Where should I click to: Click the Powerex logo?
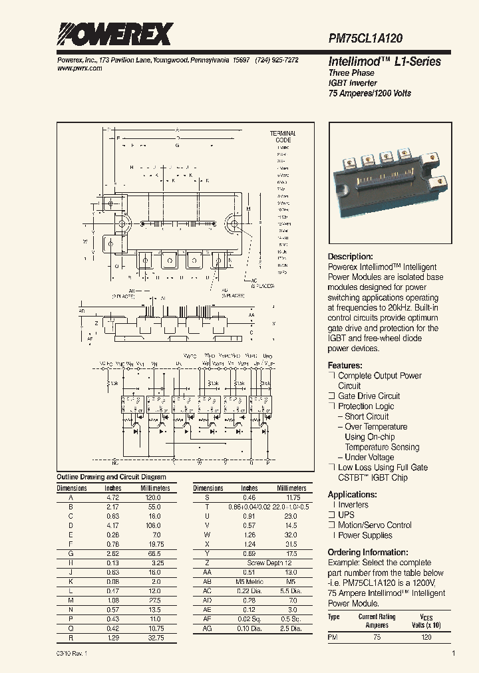coord(114,34)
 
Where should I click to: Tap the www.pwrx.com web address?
coord(76,68)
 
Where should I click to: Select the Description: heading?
coord(351,257)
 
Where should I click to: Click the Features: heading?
coord(345,366)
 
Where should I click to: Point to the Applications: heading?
coord(353,495)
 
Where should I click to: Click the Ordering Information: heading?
coord(368,553)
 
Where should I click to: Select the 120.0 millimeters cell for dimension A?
coord(154,497)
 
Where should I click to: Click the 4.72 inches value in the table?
coord(114,497)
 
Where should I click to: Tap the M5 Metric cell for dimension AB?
coord(249,581)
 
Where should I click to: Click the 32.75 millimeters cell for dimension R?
coord(154,637)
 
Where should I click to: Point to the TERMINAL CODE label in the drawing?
coord(283,137)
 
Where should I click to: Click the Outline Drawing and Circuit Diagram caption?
coord(111,477)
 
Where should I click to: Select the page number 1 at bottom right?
coord(453,654)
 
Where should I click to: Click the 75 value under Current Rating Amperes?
coord(377,637)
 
